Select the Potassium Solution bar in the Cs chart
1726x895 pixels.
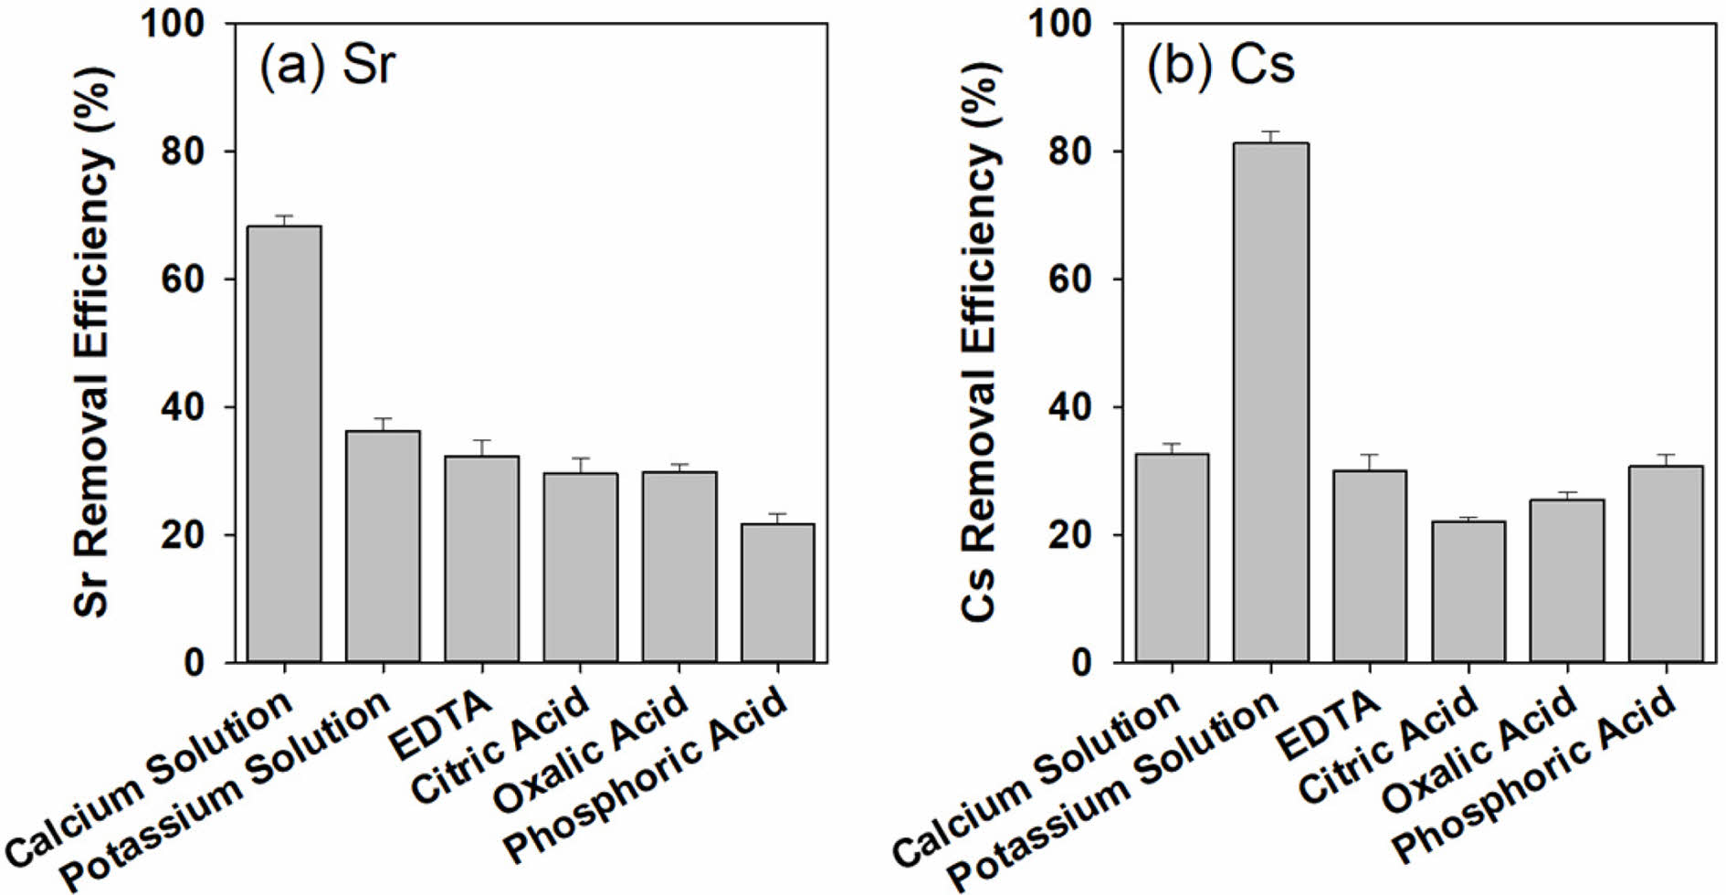pyautogui.click(x=1270, y=402)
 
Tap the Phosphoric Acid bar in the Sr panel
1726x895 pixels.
pyautogui.click(x=777, y=593)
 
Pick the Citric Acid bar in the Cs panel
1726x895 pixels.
pyautogui.click(x=1468, y=591)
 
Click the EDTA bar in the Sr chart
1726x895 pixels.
pyautogui.click(x=481, y=559)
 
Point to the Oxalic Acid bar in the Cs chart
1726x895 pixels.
pyautogui.click(x=1566, y=580)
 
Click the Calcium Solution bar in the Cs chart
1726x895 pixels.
pyautogui.click(x=1172, y=557)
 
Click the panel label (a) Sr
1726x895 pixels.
pyautogui.click(x=327, y=67)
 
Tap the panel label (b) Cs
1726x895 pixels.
pyautogui.click(x=1220, y=67)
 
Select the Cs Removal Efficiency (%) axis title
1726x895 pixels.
pyautogui.click(x=979, y=342)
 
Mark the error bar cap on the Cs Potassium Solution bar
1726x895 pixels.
pyautogui.click(x=1270, y=132)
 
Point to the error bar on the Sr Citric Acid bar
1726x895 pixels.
pyautogui.click(x=580, y=465)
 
